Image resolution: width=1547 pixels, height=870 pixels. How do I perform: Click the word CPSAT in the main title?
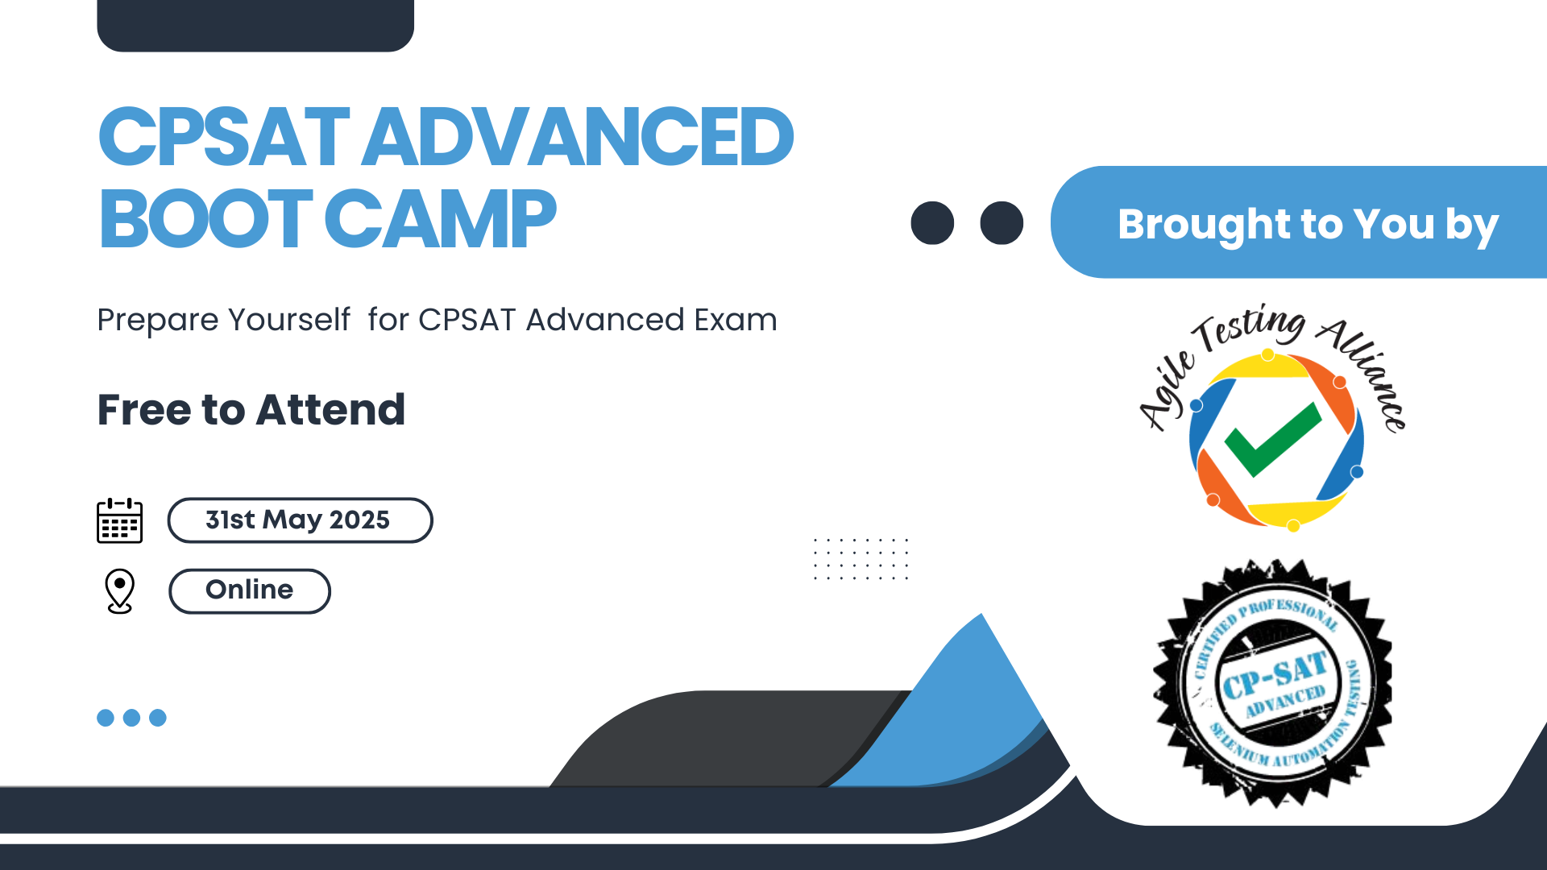(224, 137)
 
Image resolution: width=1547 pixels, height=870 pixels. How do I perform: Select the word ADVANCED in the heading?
(578, 137)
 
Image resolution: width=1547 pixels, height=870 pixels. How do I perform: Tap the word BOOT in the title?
(205, 218)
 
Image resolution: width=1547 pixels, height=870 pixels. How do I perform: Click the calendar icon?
(120, 520)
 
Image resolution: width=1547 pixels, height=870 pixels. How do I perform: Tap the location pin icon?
(120, 591)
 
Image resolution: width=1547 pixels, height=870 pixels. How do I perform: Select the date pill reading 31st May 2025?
(300, 520)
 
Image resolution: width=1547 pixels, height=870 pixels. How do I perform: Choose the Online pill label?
(250, 591)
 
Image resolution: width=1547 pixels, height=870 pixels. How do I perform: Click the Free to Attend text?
(251, 410)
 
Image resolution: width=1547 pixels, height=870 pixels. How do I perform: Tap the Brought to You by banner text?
(1308, 225)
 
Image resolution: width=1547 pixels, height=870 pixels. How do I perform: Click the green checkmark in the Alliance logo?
(1273, 439)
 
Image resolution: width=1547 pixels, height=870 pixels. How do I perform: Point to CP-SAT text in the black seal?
(1275, 675)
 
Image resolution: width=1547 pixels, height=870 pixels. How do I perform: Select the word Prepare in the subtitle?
(158, 321)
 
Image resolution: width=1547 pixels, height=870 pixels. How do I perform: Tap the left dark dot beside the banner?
(932, 223)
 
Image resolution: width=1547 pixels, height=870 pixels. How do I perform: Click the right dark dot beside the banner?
(1002, 223)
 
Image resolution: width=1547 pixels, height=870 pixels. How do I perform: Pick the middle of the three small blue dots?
(131, 718)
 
